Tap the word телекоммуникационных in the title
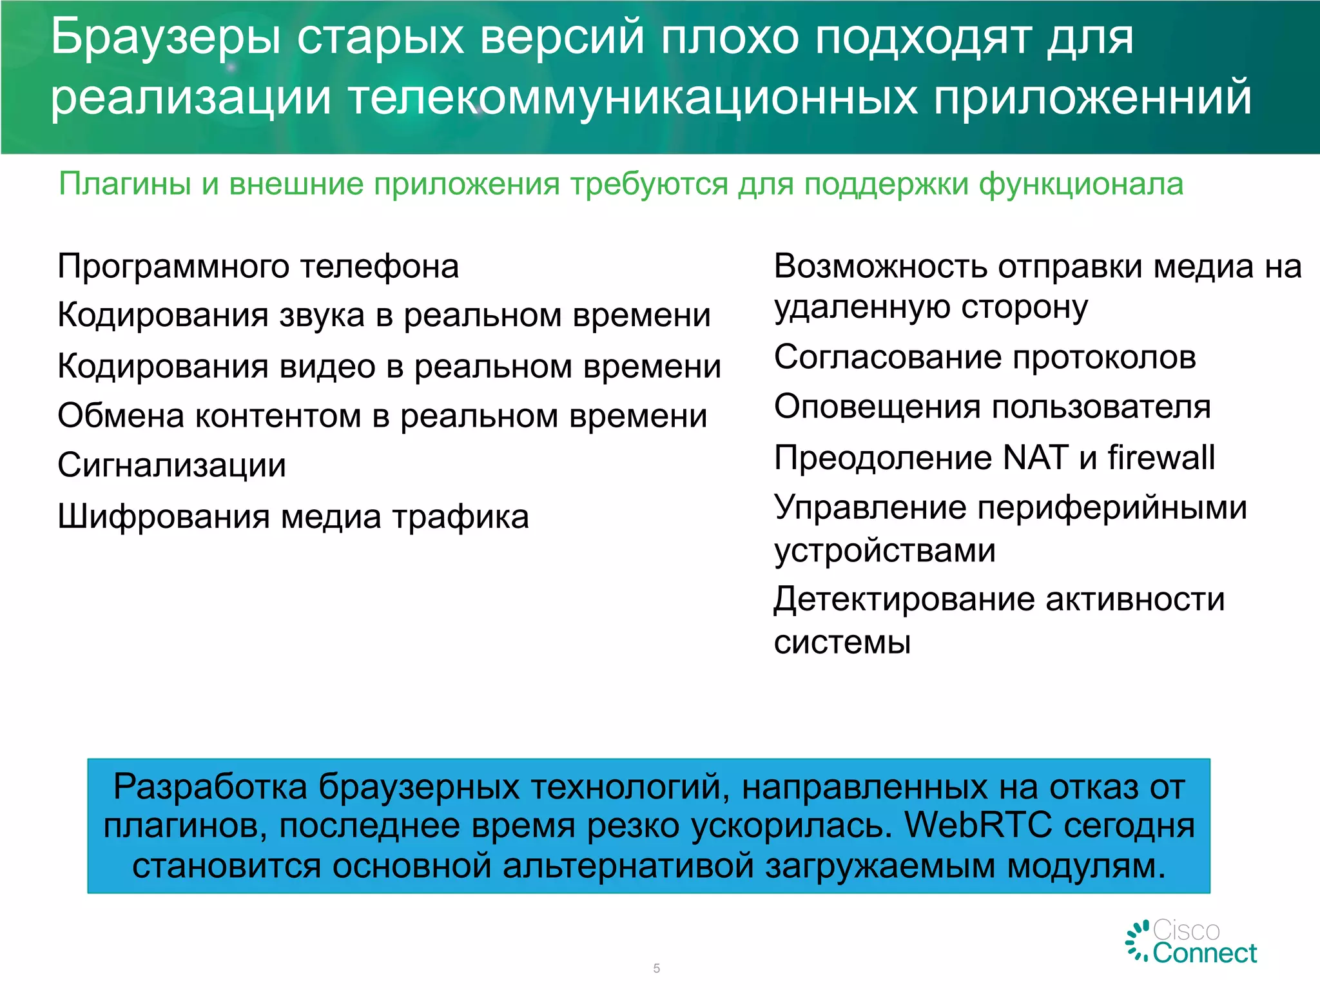click(x=632, y=98)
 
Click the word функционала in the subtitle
click(x=1081, y=184)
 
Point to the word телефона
click(x=380, y=266)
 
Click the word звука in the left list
click(x=321, y=316)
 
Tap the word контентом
click(x=278, y=416)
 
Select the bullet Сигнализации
click(x=171, y=465)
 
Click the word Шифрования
click(x=164, y=517)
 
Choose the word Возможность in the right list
click(x=880, y=266)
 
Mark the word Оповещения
click(x=877, y=407)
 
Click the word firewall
click(x=1161, y=458)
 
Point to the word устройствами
click(x=884, y=551)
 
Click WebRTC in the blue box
click(x=978, y=826)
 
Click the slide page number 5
click(x=656, y=968)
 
